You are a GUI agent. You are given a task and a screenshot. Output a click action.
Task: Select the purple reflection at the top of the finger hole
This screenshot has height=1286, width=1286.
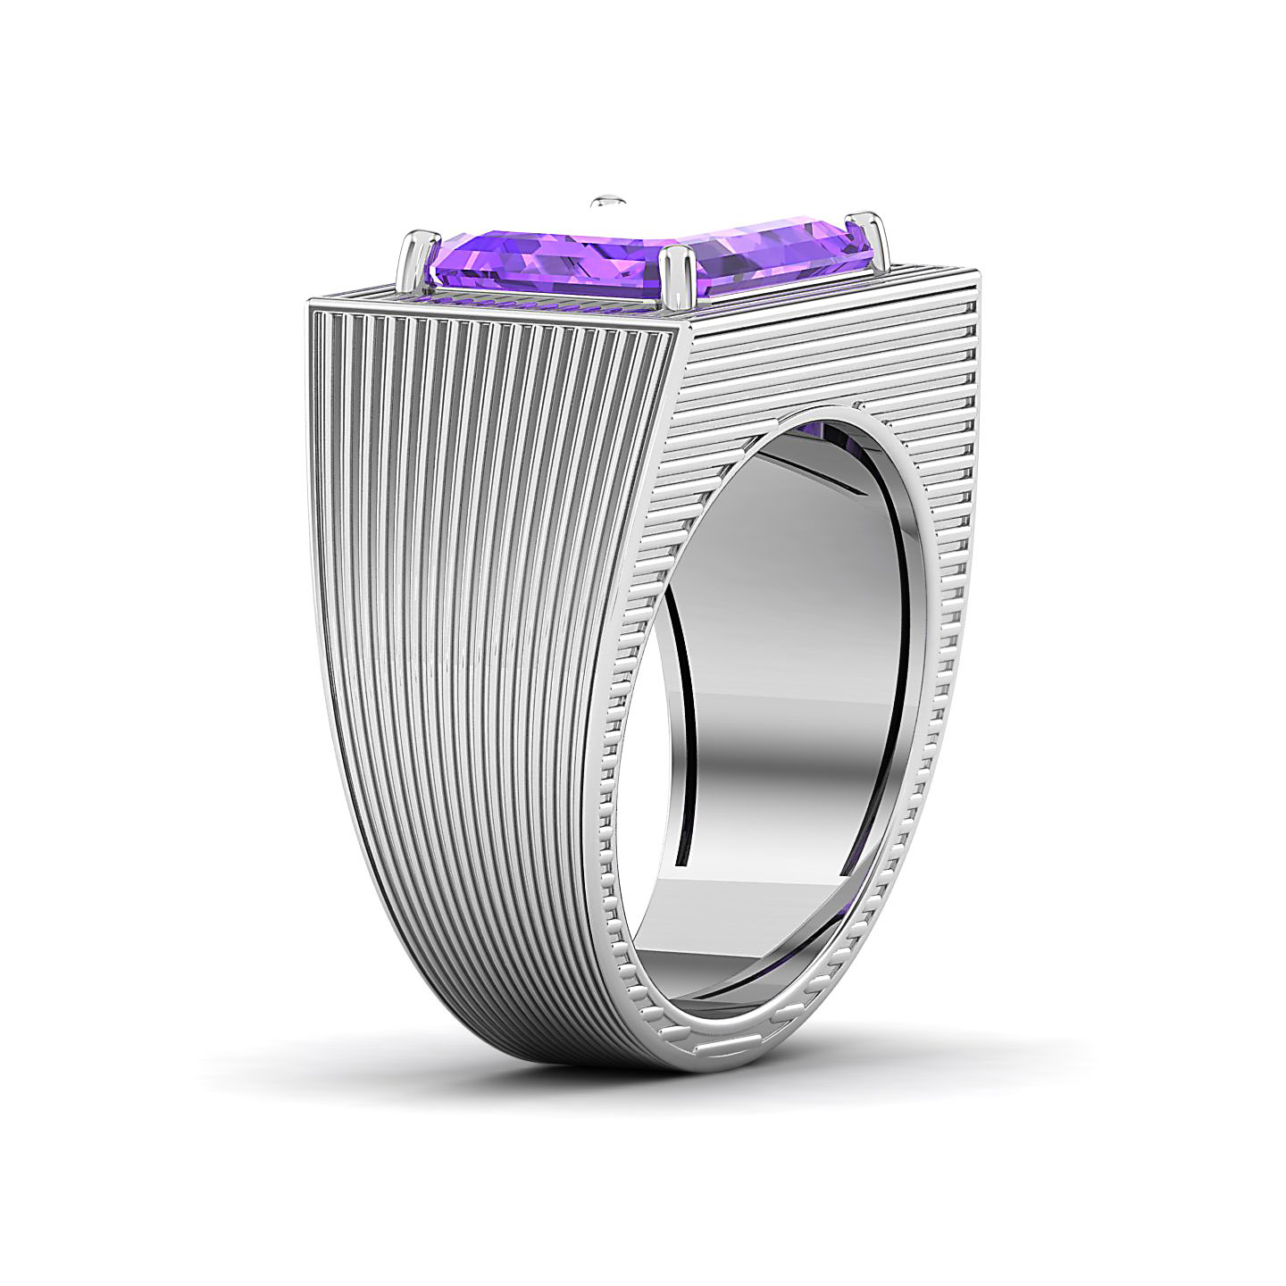pyautogui.click(x=826, y=434)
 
